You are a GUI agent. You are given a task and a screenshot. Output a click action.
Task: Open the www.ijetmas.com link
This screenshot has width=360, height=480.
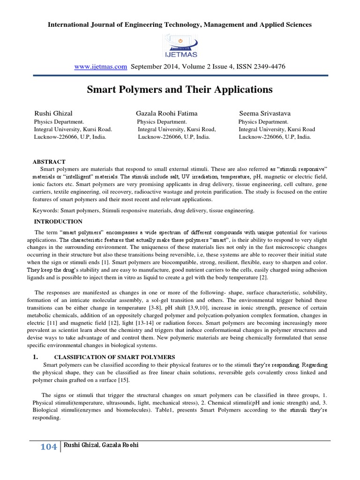coord(101,67)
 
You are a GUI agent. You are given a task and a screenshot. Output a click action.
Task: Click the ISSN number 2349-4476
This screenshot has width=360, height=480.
coord(267,67)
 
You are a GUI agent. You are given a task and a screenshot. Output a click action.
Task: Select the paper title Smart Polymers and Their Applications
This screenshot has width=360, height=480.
coord(180,89)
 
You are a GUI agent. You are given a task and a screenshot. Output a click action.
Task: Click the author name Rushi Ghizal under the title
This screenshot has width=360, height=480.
coord(53,113)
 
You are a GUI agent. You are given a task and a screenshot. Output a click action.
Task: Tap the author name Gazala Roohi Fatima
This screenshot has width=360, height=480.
coord(166,113)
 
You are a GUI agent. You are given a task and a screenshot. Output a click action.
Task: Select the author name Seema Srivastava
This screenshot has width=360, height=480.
coord(265,113)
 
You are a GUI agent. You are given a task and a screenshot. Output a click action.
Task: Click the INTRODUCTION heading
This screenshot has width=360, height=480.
coord(59,221)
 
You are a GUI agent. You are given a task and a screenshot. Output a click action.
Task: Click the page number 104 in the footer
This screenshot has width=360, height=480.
coord(48,447)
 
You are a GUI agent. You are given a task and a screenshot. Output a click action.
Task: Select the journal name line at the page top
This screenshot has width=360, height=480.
coord(180,24)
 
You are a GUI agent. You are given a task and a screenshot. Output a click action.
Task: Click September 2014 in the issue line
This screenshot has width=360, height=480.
coord(154,67)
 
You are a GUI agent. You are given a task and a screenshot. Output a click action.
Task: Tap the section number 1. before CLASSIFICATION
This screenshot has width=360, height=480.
coord(35,357)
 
